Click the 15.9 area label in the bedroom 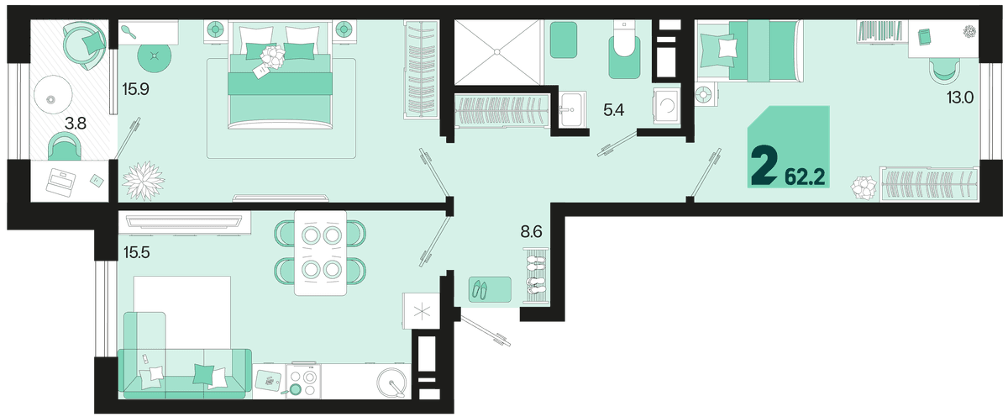click(x=135, y=89)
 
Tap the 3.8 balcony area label click(x=75, y=123)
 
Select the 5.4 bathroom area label click(x=614, y=109)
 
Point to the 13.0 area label click(x=960, y=98)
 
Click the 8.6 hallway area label click(x=532, y=232)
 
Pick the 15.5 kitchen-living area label click(x=137, y=252)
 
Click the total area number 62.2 click(x=805, y=178)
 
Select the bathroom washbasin click(x=572, y=109)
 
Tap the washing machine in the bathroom click(x=666, y=106)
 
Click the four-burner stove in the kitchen click(x=303, y=382)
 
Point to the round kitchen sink click(x=392, y=383)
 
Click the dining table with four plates click(x=320, y=253)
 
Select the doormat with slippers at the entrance click(x=490, y=289)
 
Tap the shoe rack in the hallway click(x=536, y=275)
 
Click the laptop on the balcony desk click(x=60, y=182)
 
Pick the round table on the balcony click(x=53, y=94)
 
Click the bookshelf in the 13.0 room click(x=880, y=32)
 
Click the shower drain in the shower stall click(x=496, y=52)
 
